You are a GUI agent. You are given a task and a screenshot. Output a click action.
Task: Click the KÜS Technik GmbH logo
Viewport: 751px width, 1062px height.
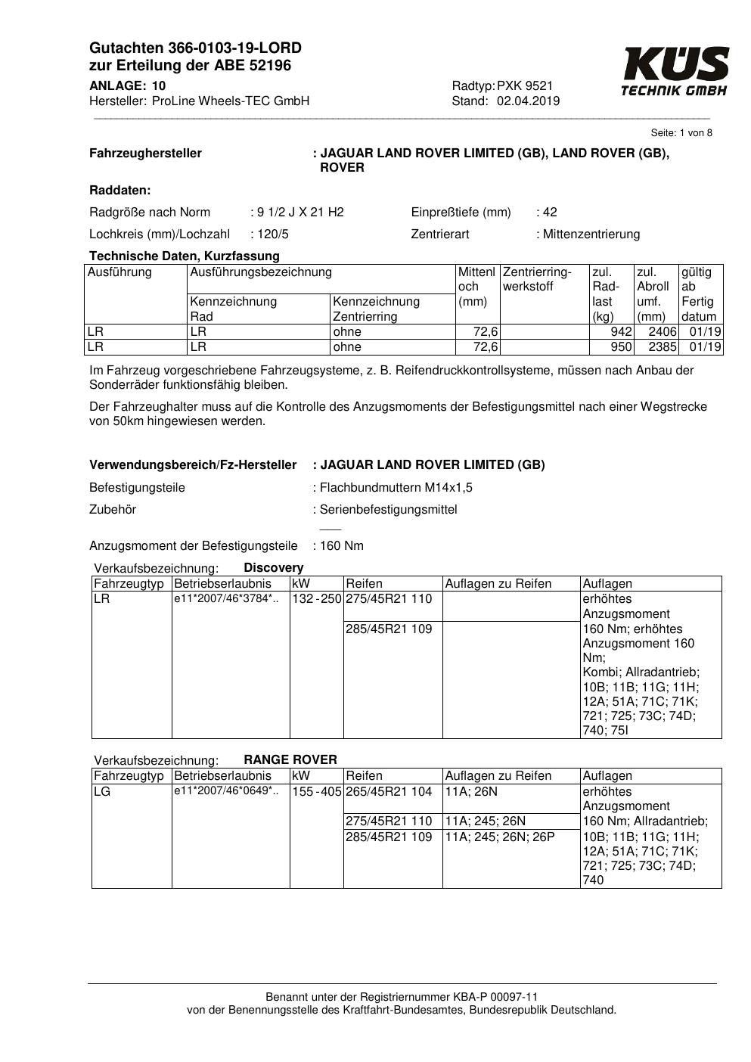[675, 73]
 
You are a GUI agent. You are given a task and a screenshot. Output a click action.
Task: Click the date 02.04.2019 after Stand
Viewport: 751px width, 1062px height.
[528, 101]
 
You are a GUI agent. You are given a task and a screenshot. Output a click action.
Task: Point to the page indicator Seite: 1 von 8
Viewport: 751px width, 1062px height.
[681, 133]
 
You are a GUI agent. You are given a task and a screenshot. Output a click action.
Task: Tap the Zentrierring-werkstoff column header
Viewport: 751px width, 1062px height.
[537, 279]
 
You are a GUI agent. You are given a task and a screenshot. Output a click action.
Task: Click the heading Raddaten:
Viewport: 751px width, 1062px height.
[119, 190]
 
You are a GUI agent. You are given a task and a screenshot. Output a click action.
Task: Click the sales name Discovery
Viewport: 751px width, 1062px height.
[273, 567]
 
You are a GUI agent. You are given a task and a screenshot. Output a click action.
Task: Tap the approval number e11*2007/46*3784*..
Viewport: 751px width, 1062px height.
[225, 599]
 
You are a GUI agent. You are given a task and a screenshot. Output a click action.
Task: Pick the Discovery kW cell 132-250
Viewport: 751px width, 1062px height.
[317, 599]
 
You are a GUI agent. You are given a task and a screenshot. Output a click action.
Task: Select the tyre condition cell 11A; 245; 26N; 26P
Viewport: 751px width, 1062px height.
[500, 837]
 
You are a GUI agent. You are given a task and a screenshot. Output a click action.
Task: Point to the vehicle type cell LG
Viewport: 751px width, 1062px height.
[102, 791]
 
